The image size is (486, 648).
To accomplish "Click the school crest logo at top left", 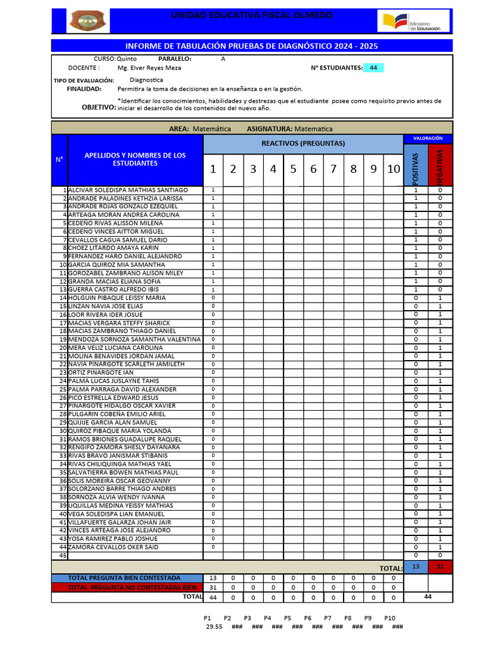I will point(89,21).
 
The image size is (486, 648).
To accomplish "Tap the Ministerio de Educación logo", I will point(414,21).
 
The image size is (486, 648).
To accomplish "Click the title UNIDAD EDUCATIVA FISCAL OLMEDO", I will point(252,15).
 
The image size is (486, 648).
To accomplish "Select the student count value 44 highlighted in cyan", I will point(373,68).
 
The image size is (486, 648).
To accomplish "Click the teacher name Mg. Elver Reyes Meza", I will point(149,68).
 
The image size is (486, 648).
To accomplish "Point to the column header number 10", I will point(394,169).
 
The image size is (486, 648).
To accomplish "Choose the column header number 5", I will point(293,169).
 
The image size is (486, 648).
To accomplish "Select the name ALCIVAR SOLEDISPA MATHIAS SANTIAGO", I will point(128,190).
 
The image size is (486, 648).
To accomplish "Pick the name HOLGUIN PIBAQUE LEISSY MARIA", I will point(116,297).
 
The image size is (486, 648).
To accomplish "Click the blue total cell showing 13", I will point(416,566).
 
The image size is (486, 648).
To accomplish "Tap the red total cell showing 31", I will point(440,566).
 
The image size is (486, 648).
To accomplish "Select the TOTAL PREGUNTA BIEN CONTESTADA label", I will point(124,578).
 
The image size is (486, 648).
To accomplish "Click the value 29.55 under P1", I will point(214,626).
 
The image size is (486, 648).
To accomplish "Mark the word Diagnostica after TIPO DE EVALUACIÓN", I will point(146,80).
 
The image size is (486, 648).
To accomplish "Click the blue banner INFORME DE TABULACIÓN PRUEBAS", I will point(252,46).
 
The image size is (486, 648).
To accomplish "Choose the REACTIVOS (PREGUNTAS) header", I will point(303,143).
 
